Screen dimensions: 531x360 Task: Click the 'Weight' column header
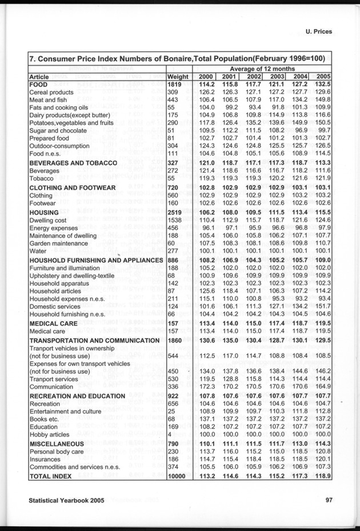pyautogui.click(x=178, y=77)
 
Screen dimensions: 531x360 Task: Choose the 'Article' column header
pyautogui.click(x=40, y=77)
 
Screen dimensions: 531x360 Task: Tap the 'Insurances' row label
pyautogui.click(x=45, y=458)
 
